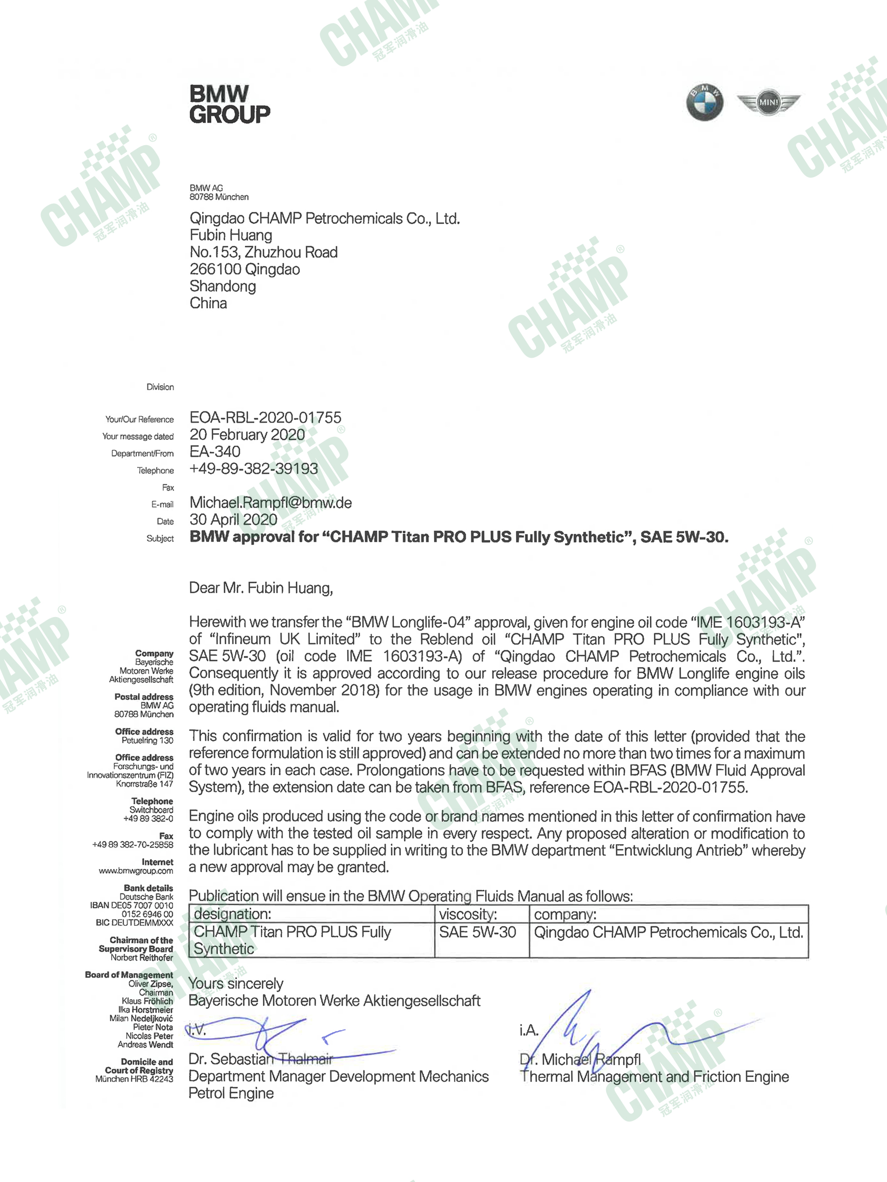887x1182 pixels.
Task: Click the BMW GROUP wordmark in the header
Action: click(x=229, y=105)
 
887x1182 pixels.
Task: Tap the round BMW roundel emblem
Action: click(x=704, y=102)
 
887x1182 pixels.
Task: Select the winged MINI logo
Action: click(x=768, y=102)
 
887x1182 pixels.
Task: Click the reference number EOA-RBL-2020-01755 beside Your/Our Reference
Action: click(x=265, y=417)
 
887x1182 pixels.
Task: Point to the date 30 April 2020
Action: click(x=233, y=519)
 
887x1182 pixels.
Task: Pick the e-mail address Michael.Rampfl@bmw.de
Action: click(x=270, y=502)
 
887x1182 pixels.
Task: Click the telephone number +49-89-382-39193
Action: click(x=253, y=468)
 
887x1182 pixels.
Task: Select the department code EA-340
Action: click(x=215, y=451)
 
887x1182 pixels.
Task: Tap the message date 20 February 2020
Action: click(x=247, y=434)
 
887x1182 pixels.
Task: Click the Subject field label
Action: click(x=160, y=538)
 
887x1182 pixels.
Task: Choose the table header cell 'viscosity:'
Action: click(x=468, y=914)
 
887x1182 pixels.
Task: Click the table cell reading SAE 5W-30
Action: click(x=478, y=932)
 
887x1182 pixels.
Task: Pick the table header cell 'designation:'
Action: click(x=232, y=914)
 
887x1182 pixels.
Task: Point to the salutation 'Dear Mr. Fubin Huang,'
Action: click(x=261, y=588)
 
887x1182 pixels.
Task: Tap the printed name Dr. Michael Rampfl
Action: click(x=580, y=1059)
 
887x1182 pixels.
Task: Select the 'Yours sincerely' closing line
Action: click(x=236, y=984)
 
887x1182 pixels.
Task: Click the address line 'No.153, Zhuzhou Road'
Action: click(x=264, y=252)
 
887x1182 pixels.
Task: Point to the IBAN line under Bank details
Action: click(x=132, y=905)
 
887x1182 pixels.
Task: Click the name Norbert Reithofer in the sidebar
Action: click(x=142, y=958)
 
